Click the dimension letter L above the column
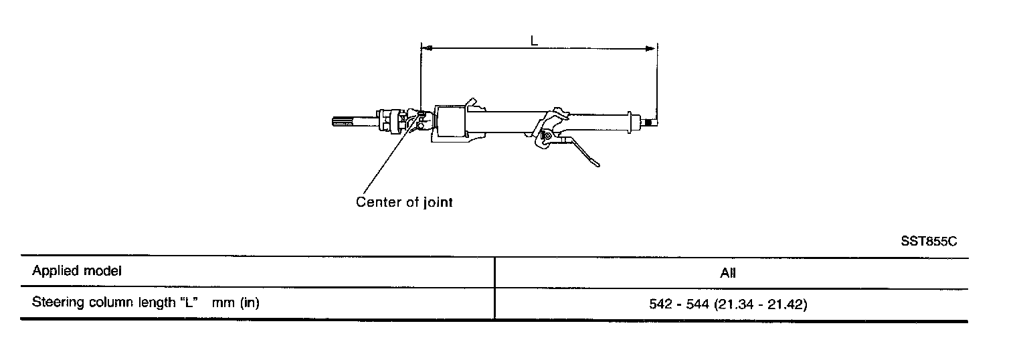pos(534,40)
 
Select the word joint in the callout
pos(438,201)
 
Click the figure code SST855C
pos(929,241)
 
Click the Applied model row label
pos(77,271)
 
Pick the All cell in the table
pos(729,273)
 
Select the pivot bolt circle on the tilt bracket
pos(547,137)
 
